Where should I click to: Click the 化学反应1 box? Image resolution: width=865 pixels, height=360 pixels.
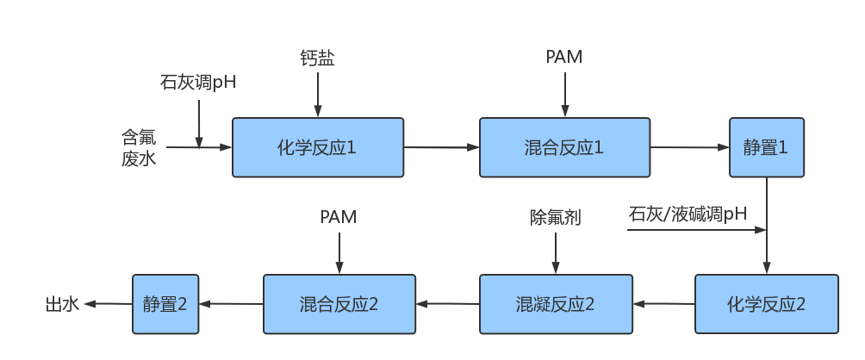(318, 147)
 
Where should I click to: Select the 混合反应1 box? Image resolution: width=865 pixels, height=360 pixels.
(564, 147)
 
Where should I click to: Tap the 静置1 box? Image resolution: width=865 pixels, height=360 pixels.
(767, 147)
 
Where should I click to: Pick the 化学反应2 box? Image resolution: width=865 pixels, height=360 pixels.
(766, 304)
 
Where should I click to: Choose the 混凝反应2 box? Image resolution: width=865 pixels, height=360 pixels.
(556, 304)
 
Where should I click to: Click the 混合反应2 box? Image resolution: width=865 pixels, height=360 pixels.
(339, 304)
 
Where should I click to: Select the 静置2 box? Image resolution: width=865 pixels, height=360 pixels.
(165, 304)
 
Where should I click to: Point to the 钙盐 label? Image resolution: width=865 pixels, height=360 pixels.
(317, 58)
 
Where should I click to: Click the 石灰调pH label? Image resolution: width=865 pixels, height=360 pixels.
(197, 83)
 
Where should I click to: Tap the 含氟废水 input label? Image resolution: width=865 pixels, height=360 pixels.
(138, 147)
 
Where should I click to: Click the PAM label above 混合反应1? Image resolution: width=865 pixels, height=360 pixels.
(564, 57)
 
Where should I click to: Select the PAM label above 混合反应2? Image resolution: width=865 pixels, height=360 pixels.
(338, 216)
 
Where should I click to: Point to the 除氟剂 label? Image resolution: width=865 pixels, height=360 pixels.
(555, 217)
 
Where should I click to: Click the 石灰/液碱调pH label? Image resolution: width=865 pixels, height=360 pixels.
(688, 214)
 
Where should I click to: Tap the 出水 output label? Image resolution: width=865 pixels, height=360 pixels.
(62, 304)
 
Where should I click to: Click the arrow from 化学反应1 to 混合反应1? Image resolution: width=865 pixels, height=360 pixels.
(441, 147)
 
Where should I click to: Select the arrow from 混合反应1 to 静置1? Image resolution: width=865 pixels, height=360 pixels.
(689, 147)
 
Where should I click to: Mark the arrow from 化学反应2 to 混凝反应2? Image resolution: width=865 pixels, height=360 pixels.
(663, 303)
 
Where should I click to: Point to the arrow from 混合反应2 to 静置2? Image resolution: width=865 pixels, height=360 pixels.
(231, 303)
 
